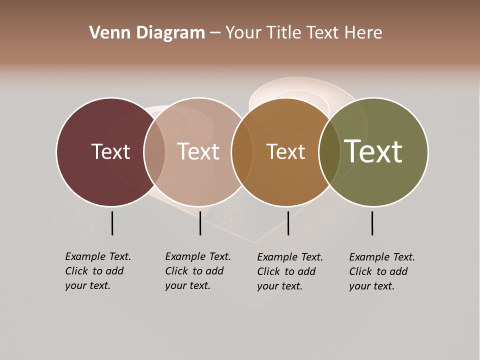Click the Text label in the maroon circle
(x=110, y=151)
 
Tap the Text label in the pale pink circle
(x=198, y=151)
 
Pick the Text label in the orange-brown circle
(x=285, y=151)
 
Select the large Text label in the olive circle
(x=373, y=151)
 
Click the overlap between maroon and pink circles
(x=154, y=152)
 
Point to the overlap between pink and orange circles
(x=242, y=152)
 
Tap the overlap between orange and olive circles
(x=329, y=152)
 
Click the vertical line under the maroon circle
(x=112, y=223)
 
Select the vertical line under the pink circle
(x=200, y=223)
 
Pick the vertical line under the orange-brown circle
(x=288, y=223)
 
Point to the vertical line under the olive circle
(x=372, y=223)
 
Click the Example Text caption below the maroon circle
(x=98, y=271)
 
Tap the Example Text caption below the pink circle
(x=198, y=271)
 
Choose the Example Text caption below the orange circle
(x=290, y=271)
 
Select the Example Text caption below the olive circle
(x=382, y=271)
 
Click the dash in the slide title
(x=215, y=33)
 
